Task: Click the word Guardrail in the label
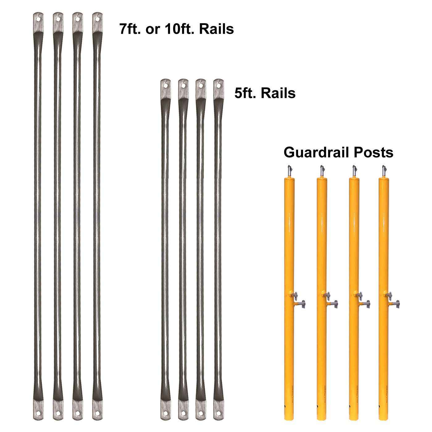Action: (x=317, y=153)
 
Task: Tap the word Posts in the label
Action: (x=373, y=153)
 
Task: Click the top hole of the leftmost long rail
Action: (x=38, y=19)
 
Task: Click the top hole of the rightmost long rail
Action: (x=98, y=19)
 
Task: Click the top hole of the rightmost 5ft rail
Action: (x=218, y=86)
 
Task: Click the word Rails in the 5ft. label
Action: (x=278, y=93)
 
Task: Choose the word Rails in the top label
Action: (x=216, y=29)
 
